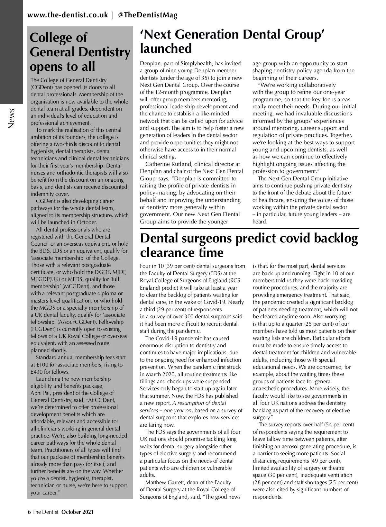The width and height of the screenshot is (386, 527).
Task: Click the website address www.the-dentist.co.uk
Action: click(68, 15)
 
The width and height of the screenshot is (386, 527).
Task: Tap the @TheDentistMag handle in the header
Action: click(148, 15)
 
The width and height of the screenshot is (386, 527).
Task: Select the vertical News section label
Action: click(12, 118)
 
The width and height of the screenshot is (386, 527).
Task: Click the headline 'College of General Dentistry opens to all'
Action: click(80, 52)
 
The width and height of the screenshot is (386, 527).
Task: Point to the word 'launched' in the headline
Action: click(166, 49)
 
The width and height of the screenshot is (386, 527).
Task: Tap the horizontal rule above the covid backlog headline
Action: click(249, 229)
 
